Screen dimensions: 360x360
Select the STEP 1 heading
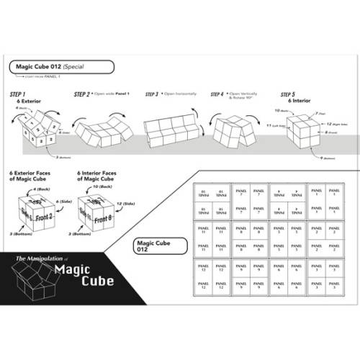[18, 95]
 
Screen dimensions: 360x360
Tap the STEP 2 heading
[84, 94]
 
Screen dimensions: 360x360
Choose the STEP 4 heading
[219, 94]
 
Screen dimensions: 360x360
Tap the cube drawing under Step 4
[235, 130]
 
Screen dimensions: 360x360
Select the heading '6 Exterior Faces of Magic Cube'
[32, 177]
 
